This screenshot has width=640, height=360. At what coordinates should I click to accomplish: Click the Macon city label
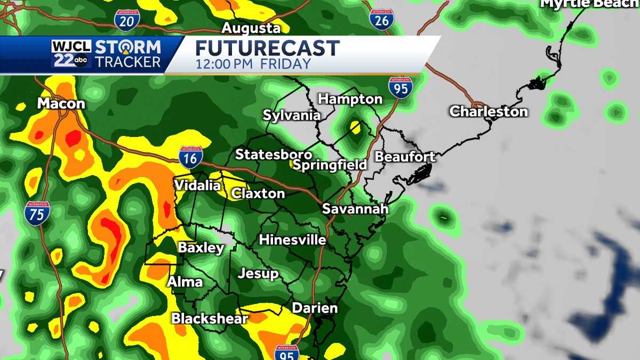[61, 103]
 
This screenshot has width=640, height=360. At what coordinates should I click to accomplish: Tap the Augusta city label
[251, 28]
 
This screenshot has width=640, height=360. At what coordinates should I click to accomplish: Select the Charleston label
[489, 111]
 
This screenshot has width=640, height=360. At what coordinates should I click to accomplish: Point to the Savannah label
[355, 209]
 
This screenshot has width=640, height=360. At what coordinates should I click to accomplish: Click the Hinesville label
[292, 240]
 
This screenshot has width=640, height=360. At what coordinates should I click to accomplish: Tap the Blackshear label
[210, 318]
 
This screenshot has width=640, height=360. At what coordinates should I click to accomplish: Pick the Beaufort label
[405, 157]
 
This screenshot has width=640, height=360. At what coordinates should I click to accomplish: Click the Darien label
[315, 308]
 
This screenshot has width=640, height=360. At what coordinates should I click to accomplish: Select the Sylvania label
[292, 115]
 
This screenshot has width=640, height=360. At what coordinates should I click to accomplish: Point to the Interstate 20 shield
[127, 20]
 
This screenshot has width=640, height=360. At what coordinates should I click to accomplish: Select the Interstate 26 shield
[381, 19]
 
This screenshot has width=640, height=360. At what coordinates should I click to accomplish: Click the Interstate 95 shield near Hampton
[400, 87]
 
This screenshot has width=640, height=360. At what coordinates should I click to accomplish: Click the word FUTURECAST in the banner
[267, 49]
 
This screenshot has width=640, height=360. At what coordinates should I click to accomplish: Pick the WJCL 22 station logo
[71, 54]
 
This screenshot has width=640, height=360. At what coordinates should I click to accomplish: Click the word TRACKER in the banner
[127, 62]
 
